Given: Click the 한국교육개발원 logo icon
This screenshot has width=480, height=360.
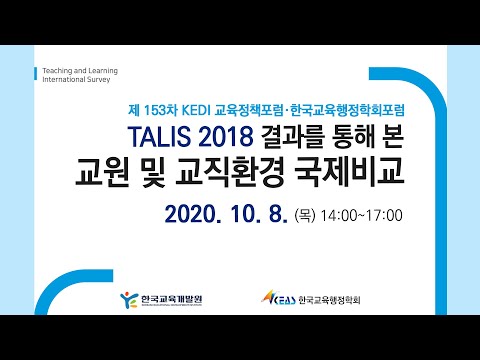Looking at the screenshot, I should tap(127, 299).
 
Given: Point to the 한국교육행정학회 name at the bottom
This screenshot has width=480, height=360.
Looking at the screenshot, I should tap(328, 299).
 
